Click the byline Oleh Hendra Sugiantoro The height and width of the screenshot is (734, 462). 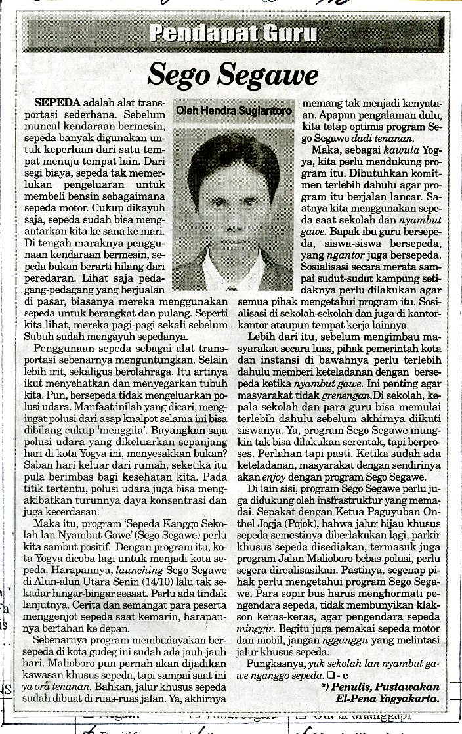234,112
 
